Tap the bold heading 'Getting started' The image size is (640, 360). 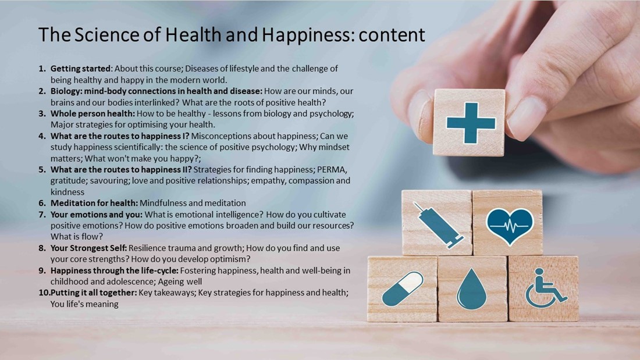tap(80, 69)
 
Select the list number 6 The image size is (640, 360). tap(42, 203)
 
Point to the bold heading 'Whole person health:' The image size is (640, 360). tap(93, 113)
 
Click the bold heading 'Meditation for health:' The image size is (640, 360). tap(94, 203)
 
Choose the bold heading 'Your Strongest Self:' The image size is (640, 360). tap(89, 248)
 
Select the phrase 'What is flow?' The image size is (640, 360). tap(77, 237)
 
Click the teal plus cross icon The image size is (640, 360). tap(471, 123)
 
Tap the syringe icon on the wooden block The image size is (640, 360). tap(438, 225)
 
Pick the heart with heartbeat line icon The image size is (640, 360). tap(510, 226)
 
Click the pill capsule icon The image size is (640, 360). tap(402, 289)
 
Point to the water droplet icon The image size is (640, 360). tap(471, 289)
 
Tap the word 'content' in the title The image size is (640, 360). tap(392, 35)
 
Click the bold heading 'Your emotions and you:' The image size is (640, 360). tap(97, 214)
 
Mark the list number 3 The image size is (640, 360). tap(42, 113)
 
